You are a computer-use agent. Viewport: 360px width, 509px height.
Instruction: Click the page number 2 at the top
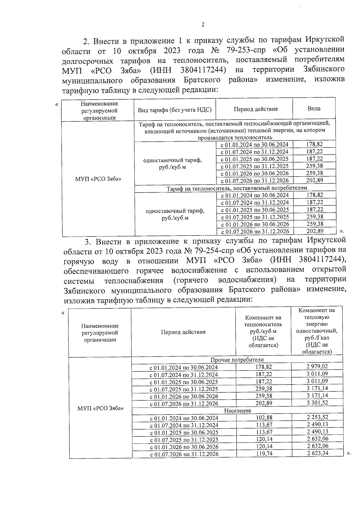pos(203,25)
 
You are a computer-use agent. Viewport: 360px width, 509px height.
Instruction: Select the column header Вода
pos(314,109)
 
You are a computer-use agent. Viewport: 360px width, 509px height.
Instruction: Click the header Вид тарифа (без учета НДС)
pos(175,110)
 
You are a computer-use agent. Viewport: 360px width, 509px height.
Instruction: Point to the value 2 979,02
pos(317,367)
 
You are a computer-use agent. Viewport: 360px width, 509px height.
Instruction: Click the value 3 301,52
pos(317,403)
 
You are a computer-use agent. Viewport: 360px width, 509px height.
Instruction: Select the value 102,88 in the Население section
pos(264,418)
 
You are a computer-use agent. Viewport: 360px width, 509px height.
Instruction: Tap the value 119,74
pos(264,454)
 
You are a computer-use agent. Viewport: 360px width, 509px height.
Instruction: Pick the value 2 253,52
pos(317,418)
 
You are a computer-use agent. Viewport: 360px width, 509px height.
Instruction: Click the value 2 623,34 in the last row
pos(317,453)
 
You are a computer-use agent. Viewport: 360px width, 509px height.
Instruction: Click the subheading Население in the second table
pos(238,410)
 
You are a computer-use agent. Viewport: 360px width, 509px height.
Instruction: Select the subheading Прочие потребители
pos(237,360)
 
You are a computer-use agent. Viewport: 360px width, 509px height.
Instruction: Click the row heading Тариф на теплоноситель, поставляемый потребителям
pos(237,188)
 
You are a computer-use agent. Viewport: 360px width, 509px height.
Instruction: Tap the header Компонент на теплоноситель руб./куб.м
pos(263,331)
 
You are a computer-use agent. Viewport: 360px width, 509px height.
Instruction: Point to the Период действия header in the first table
pos(256,109)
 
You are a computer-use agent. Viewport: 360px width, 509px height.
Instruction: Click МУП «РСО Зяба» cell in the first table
pos(98,179)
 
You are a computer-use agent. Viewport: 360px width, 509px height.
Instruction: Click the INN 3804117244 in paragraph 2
pos(203,70)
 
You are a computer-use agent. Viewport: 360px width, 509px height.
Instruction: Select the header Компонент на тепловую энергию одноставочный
pos(317,331)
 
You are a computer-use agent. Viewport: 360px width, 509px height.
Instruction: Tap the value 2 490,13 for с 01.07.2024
pos(317,425)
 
